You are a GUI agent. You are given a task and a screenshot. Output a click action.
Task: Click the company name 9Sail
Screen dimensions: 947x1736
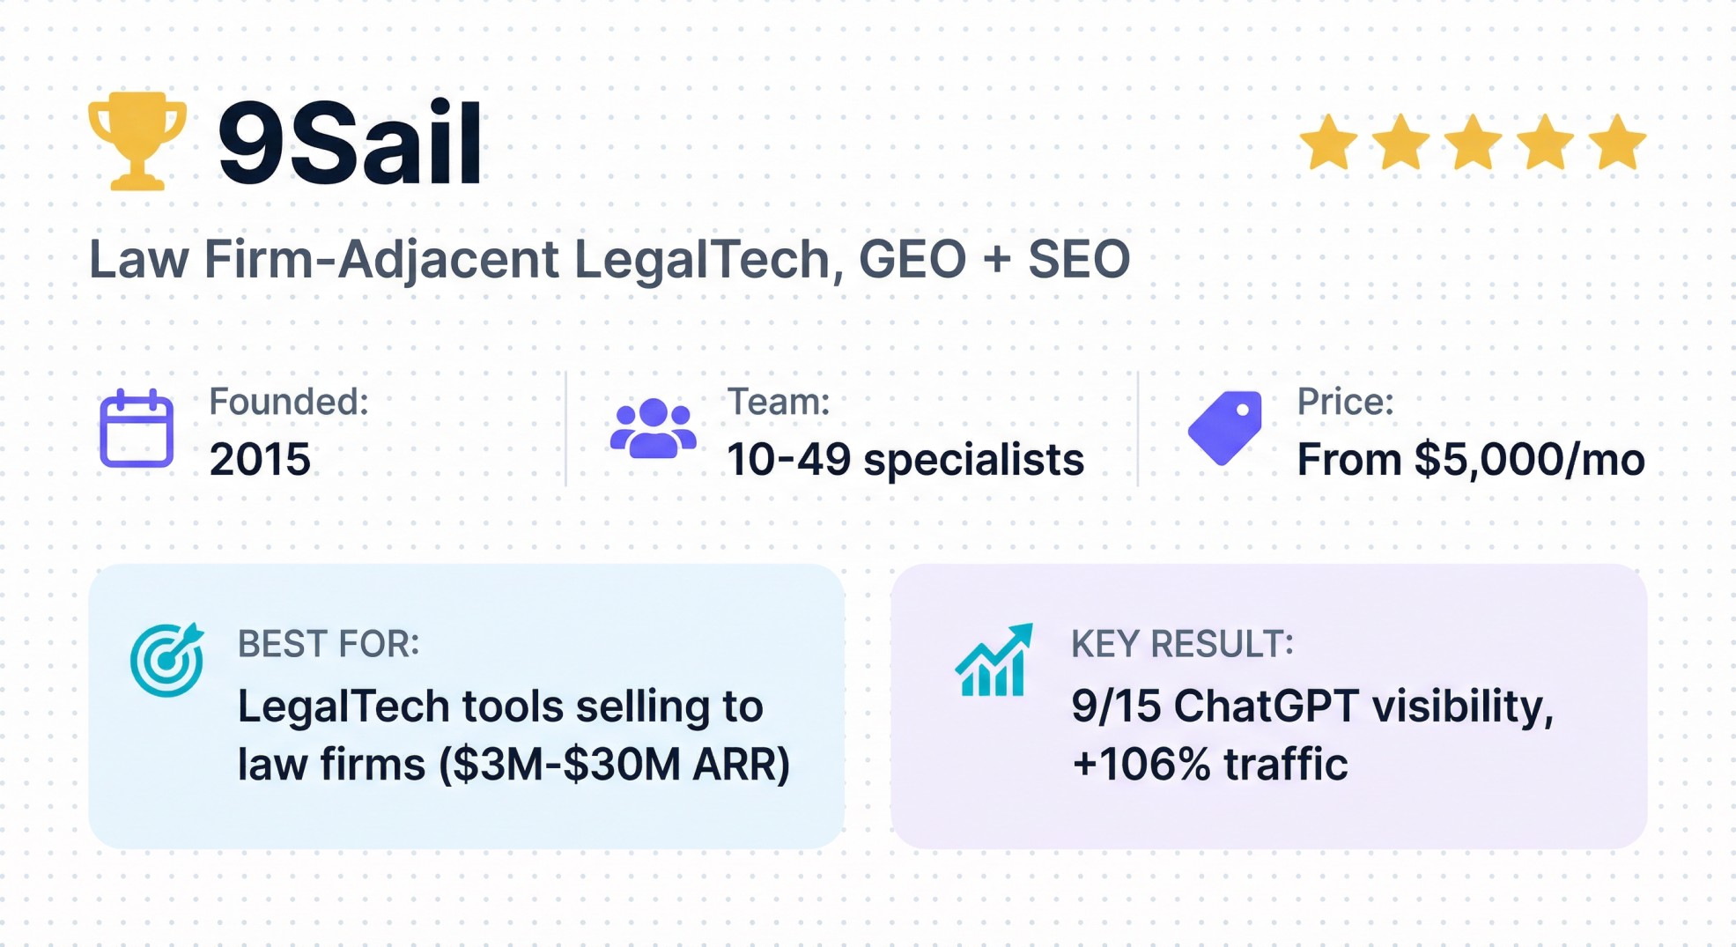[350, 144]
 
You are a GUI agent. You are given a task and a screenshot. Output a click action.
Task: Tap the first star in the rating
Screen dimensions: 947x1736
[1328, 143]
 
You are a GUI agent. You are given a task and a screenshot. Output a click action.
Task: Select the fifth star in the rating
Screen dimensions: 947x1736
[1617, 143]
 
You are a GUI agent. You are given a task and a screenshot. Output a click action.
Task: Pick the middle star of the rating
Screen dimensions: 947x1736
[1473, 143]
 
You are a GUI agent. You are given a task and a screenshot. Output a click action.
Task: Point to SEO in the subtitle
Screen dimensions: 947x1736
[1078, 260]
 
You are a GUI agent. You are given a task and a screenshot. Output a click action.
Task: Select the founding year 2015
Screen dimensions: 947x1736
[260, 460]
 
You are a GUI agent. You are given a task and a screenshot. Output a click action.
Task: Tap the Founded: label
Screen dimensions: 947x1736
[289, 403]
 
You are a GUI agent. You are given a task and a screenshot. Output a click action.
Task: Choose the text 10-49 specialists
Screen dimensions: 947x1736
[905, 460]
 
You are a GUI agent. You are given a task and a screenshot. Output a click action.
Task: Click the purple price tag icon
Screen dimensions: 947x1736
[1225, 427]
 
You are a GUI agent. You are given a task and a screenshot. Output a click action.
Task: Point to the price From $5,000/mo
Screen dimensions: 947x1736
[1470, 460]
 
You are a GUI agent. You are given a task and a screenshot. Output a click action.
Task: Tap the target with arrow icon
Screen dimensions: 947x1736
[166, 660]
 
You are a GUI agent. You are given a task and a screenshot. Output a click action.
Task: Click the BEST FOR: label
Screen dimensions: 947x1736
[329, 645]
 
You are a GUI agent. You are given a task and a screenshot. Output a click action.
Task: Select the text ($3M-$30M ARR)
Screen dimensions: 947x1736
[614, 765]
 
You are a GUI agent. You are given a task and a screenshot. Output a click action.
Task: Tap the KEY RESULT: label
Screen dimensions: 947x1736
[1182, 645]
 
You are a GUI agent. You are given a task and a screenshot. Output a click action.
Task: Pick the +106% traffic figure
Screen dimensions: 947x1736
[1209, 765]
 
